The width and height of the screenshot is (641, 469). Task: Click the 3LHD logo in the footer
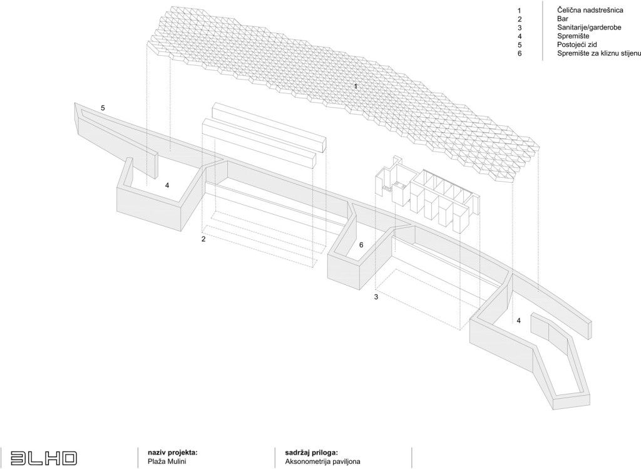pyautogui.click(x=43, y=458)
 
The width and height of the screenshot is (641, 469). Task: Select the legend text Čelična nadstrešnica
pyautogui.click(x=590, y=10)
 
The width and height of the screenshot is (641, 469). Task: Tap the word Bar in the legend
pyautogui.click(x=563, y=19)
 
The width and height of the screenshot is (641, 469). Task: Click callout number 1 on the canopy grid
pyautogui.click(x=356, y=86)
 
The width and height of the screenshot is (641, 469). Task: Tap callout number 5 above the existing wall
pyautogui.click(x=103, y=108)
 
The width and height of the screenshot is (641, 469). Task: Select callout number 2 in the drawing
pyautogui.click(x=203, y=239)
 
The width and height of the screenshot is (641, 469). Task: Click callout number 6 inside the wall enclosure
pyautogui.click(x=361, y=245)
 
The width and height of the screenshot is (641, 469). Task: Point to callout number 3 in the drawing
pyautogui.click(x=376, y=297)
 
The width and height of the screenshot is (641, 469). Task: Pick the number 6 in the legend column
pyautogui.click(x=520, y=53)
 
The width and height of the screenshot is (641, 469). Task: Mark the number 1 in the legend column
pyautogui.click(x=520, y=10)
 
